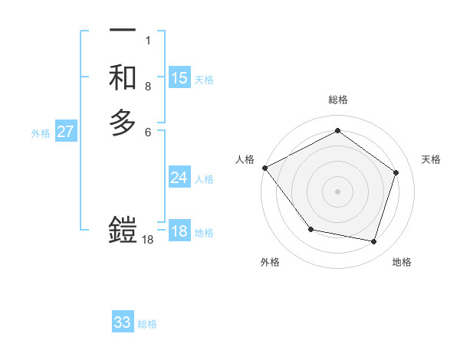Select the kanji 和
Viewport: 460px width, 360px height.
click(123, 77)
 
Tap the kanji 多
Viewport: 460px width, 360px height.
click(123, 123)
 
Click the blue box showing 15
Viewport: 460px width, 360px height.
click(179, 78)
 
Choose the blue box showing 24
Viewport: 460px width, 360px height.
click(179, 178)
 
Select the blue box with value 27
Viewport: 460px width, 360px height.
click(66, 132)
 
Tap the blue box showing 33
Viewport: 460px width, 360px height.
click(123, 322)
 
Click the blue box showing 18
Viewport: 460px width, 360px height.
click(179, 231)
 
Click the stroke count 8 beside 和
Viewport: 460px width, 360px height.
click(147, 87)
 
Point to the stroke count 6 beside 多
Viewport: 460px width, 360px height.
click(147, 133)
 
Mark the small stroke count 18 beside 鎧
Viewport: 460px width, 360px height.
click(148, 240)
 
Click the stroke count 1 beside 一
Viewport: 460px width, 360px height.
click(147, 40)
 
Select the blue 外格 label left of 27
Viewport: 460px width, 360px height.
click(41, 133)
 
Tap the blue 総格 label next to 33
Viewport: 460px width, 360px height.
click(147, 324)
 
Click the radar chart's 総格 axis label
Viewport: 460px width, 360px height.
click(338, 100)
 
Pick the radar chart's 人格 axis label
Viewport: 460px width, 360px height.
click(245, 159)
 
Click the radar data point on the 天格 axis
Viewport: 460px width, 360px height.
click(396, 172)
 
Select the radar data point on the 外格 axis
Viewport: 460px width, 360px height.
click(310, 229)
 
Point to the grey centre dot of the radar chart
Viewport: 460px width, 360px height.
click(337, 191)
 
